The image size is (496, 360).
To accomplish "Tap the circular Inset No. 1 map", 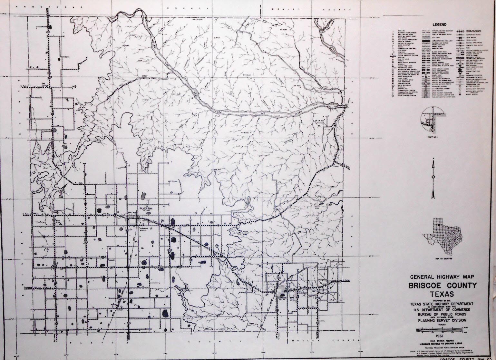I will click(432, 119).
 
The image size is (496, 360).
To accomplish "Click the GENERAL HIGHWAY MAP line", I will click(443, 277).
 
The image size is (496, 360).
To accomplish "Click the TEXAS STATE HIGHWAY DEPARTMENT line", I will click(442, 304).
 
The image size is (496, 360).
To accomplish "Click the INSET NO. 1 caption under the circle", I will click(431, 137).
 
